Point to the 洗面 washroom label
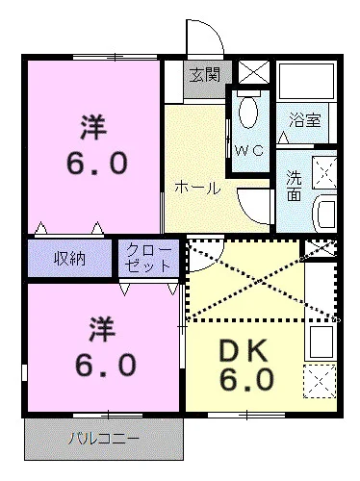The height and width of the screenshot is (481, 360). [295, 186]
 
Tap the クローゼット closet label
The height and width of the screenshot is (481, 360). [147, 259]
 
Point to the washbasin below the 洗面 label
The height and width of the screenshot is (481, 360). [323, 210]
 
